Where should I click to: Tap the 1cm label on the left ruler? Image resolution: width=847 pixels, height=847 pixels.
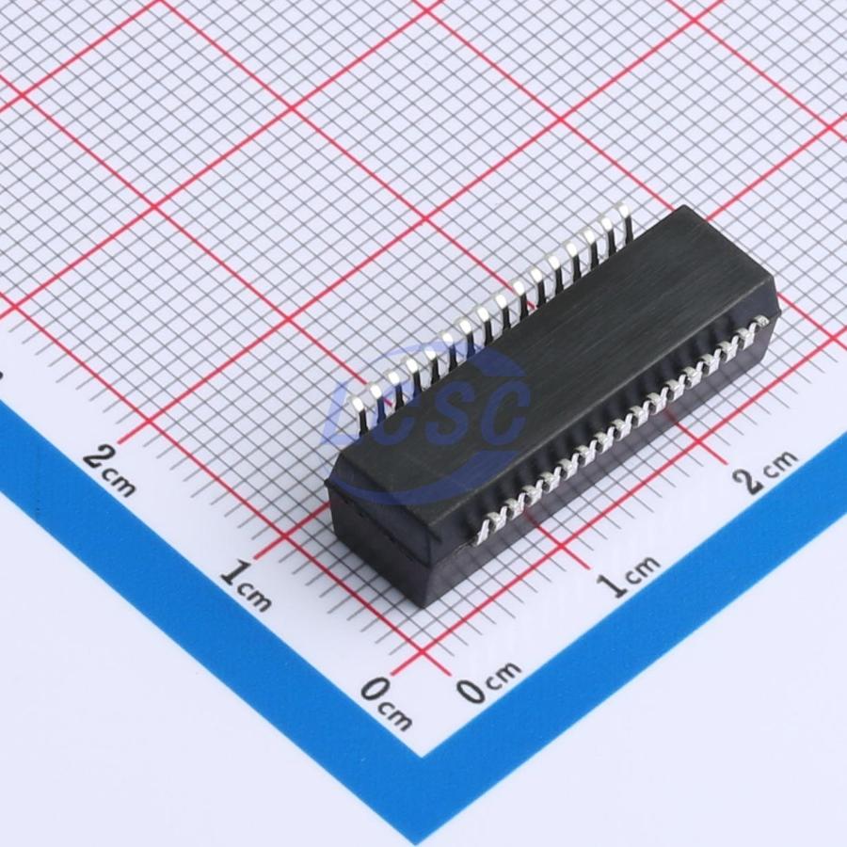[246, 584]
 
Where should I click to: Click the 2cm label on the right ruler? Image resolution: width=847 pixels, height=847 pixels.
[764, 471]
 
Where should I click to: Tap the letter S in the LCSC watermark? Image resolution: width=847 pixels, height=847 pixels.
[451, 409]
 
